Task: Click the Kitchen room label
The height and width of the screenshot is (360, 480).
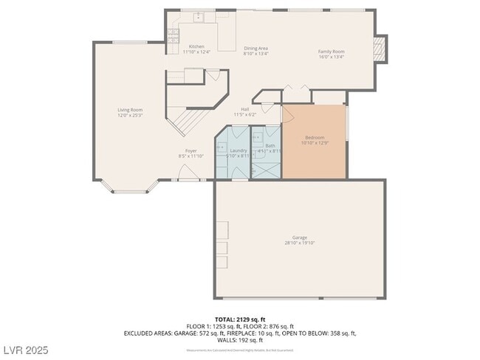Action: pos(196,46)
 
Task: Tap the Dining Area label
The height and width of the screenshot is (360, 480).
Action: pos(256,48)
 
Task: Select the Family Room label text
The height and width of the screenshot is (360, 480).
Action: pos(332,52)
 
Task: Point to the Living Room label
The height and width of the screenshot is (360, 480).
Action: pos(129,110)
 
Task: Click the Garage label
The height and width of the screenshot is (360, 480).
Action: pos(300,237)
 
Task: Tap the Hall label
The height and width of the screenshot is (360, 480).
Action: pos(244,109)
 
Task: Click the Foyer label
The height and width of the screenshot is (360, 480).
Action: pos(191,150)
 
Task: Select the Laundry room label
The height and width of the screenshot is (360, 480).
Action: pos(238,150)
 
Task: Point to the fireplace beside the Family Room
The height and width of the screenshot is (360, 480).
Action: pos(380,49)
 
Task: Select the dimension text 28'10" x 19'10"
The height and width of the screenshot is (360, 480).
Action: pos(300,243)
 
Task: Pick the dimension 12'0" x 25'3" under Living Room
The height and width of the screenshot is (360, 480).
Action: pos(129,116)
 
